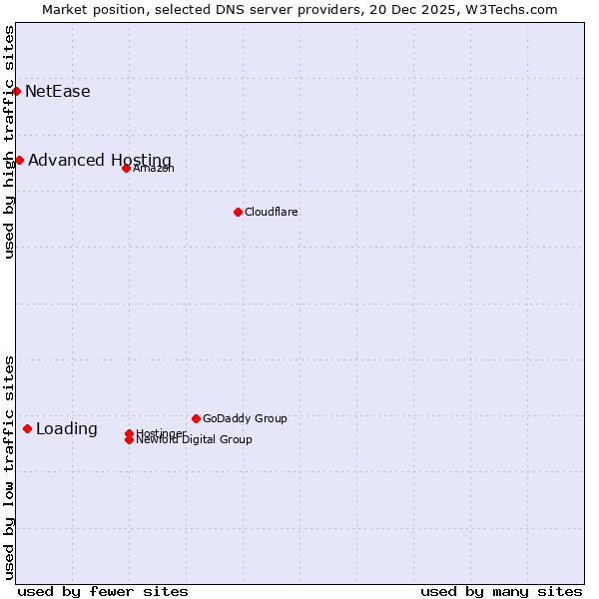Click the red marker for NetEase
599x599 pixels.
point(16,91)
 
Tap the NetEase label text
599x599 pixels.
point(57,92)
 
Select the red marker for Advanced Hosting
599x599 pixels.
point(19,160)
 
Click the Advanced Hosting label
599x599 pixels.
point(99,161)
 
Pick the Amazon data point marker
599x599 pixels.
point(126,168)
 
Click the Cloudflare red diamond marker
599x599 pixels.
point(238,212)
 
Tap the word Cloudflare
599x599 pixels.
point(271,212)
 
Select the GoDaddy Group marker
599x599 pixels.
point(196,418)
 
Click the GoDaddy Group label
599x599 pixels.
point(245,418)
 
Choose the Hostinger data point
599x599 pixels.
point(129,433)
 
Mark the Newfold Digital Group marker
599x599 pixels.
point(129,439)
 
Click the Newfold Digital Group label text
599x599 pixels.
point(194,439)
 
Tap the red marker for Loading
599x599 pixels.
point(27,428)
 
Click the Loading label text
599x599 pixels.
point(66,429)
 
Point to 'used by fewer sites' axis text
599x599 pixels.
point(103,591)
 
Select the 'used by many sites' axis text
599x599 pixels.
point(500,591)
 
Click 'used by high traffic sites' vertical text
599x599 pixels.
point(9,142)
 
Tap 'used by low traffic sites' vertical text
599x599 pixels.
point(9,466)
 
